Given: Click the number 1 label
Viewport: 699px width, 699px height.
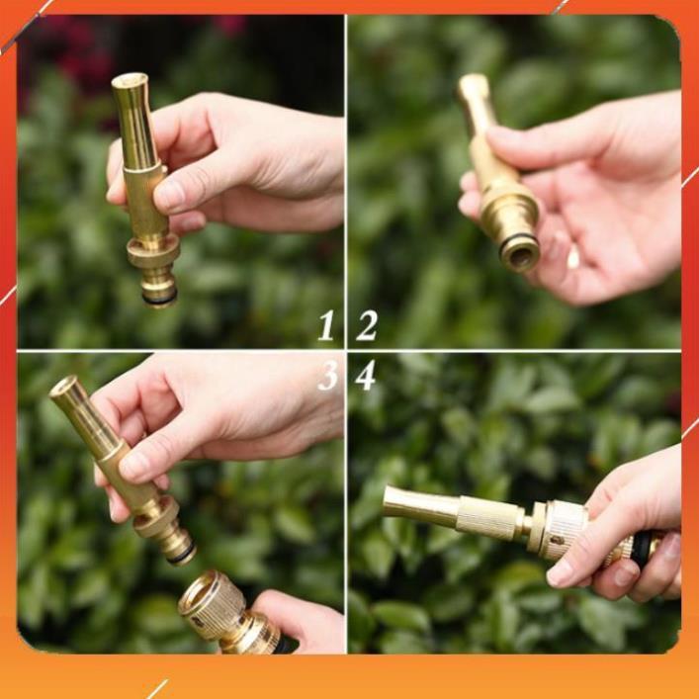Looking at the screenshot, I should pyautogui.click(x=325, y=325).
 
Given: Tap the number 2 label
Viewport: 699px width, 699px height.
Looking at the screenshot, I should pyautogui.click(x=367, y=325).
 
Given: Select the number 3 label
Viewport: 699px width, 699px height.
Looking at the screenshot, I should pyautogui.click(x=326, y=376).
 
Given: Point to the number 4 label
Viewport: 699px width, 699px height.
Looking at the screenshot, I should pyautogui.click(x=366, y=376).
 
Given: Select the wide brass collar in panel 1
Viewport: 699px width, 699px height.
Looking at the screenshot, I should pyautogui.click(x=153, y=251).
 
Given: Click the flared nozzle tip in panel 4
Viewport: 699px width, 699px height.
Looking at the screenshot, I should pyautogui.click(x=392, y=501).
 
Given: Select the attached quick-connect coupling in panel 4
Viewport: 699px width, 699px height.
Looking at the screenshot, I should pyautogui.click(x=564, y=527).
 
